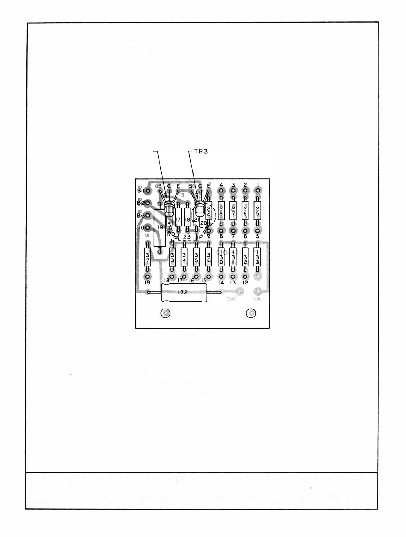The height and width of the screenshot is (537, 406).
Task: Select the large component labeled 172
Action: [x=183, y=292]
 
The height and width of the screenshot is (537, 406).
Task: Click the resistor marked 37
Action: [x=147, y=259]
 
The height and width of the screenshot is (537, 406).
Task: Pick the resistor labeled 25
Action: [x=257, y=211]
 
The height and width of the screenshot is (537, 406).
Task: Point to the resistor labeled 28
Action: [x=221, y=211]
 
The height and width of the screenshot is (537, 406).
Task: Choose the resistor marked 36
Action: [x=209, y=259]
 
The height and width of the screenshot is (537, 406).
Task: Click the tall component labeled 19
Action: [x=159, y=228]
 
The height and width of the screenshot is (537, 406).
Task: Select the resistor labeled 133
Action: [x=257, y=259]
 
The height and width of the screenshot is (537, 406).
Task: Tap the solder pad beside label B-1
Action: [x=148, y=191]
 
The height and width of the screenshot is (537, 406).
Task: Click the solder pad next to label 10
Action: [x=148, y=228]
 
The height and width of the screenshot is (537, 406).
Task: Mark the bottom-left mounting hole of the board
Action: [x=165, y=313]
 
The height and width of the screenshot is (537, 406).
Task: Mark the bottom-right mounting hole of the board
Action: [x=251, y=313]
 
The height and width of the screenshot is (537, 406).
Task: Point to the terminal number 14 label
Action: [x=221, y=282]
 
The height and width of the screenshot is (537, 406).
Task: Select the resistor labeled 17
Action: [x=178, y=219]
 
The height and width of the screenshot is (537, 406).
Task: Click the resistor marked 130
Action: [x=221, y=259]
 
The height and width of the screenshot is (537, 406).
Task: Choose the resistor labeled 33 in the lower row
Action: [x=172, y=259]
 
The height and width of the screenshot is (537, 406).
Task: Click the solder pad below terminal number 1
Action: [x=258, y=191]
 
